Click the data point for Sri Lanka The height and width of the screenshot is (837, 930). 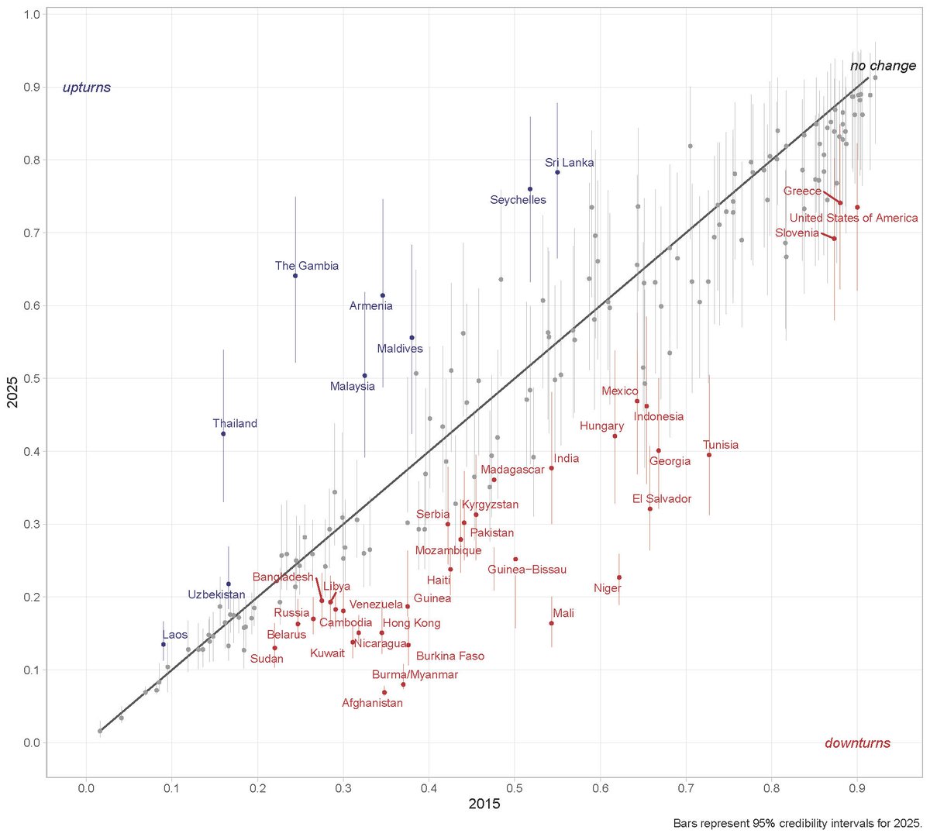pos(557,172)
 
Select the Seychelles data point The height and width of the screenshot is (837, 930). pos(530,189)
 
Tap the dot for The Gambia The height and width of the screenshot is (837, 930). pos(295,276)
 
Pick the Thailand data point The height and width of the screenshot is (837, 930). pos(223,434)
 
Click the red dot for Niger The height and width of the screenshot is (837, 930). pos(619,577)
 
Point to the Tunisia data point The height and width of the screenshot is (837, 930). pos(709,455)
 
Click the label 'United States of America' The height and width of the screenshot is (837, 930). pos(853,219)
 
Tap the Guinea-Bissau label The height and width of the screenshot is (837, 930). pos(527,570)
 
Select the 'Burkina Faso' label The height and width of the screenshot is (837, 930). pos(450,656)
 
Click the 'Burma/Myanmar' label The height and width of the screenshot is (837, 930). pos(415,675)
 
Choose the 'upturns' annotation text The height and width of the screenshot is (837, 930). pos(87,88)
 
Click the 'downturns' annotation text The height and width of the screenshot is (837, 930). pos(857,743)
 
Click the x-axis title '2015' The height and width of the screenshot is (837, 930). pos(484,804)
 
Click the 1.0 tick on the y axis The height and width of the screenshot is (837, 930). pos(33,15)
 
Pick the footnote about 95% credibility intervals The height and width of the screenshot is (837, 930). pos(797,823)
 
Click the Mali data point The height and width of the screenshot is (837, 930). pos(552,623)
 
